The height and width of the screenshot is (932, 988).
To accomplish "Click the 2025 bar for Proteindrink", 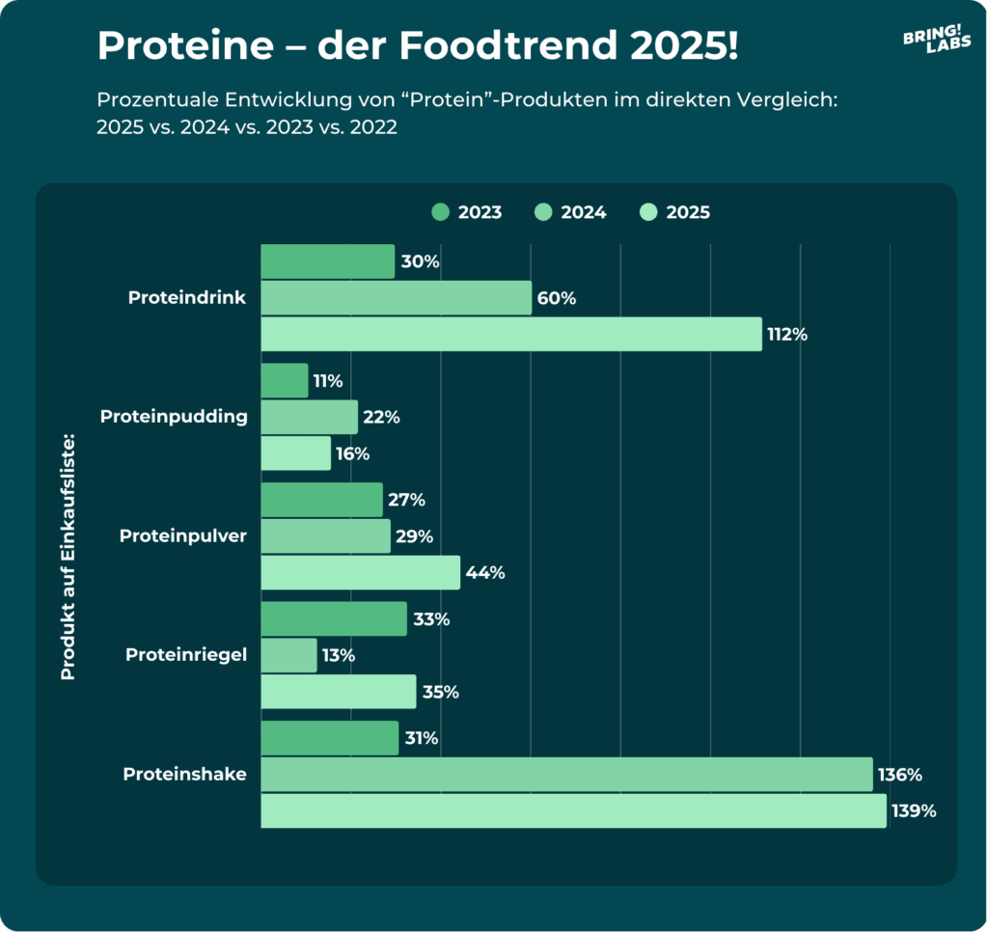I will point(511,334).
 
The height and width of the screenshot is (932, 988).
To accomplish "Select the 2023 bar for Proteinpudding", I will point(285,380).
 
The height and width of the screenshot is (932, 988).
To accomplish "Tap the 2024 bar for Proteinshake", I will point(566,775).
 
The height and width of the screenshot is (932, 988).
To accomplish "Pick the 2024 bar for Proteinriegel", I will point(288,656).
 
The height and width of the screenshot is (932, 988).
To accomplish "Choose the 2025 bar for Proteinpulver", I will point(360,572).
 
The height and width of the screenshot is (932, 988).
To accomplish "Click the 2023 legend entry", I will point(467,212).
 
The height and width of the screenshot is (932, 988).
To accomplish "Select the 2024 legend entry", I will point(570,212).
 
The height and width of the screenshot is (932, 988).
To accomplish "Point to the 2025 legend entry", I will point(674,212).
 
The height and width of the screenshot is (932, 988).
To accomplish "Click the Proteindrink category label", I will point(187,298).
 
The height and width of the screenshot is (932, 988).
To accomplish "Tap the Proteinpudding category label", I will point(174,417).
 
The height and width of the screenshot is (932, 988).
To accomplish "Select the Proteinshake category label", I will point(184,774).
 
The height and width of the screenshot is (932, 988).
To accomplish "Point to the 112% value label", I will point(787,335).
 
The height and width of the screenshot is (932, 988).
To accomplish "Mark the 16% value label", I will point(352,453).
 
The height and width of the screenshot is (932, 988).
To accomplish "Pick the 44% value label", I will point(484,573).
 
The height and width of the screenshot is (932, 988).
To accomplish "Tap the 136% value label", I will point(900,775).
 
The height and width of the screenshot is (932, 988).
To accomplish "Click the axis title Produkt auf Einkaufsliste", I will point(69,558).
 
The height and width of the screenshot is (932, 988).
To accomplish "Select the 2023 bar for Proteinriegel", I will point(334,618).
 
